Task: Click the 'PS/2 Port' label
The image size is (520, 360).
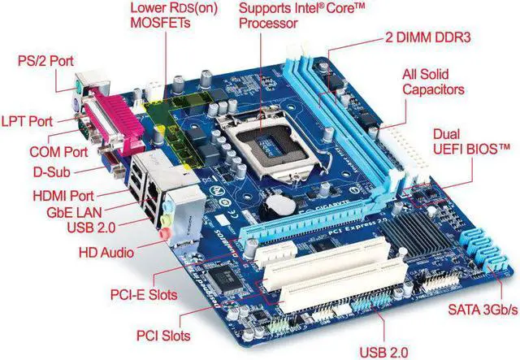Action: (45, 61)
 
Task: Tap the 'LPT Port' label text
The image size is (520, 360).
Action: (27, 121)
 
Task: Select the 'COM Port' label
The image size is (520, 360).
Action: (58, 152)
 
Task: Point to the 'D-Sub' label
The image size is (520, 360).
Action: (52, 171)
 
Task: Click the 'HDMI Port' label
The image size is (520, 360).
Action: (63, 195)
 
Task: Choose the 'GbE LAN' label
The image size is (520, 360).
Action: (74, 212)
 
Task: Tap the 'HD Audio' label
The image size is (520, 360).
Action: (106, 253)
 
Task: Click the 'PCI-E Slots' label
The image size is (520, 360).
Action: (144, 295)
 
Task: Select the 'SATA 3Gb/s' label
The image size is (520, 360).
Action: (483, 310)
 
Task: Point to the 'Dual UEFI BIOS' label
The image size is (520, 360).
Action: (471, 141)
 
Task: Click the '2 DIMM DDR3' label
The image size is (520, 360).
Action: (427, 37)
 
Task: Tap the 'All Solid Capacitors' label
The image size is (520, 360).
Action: (433, 82)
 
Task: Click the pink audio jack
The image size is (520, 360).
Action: (163, 233)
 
